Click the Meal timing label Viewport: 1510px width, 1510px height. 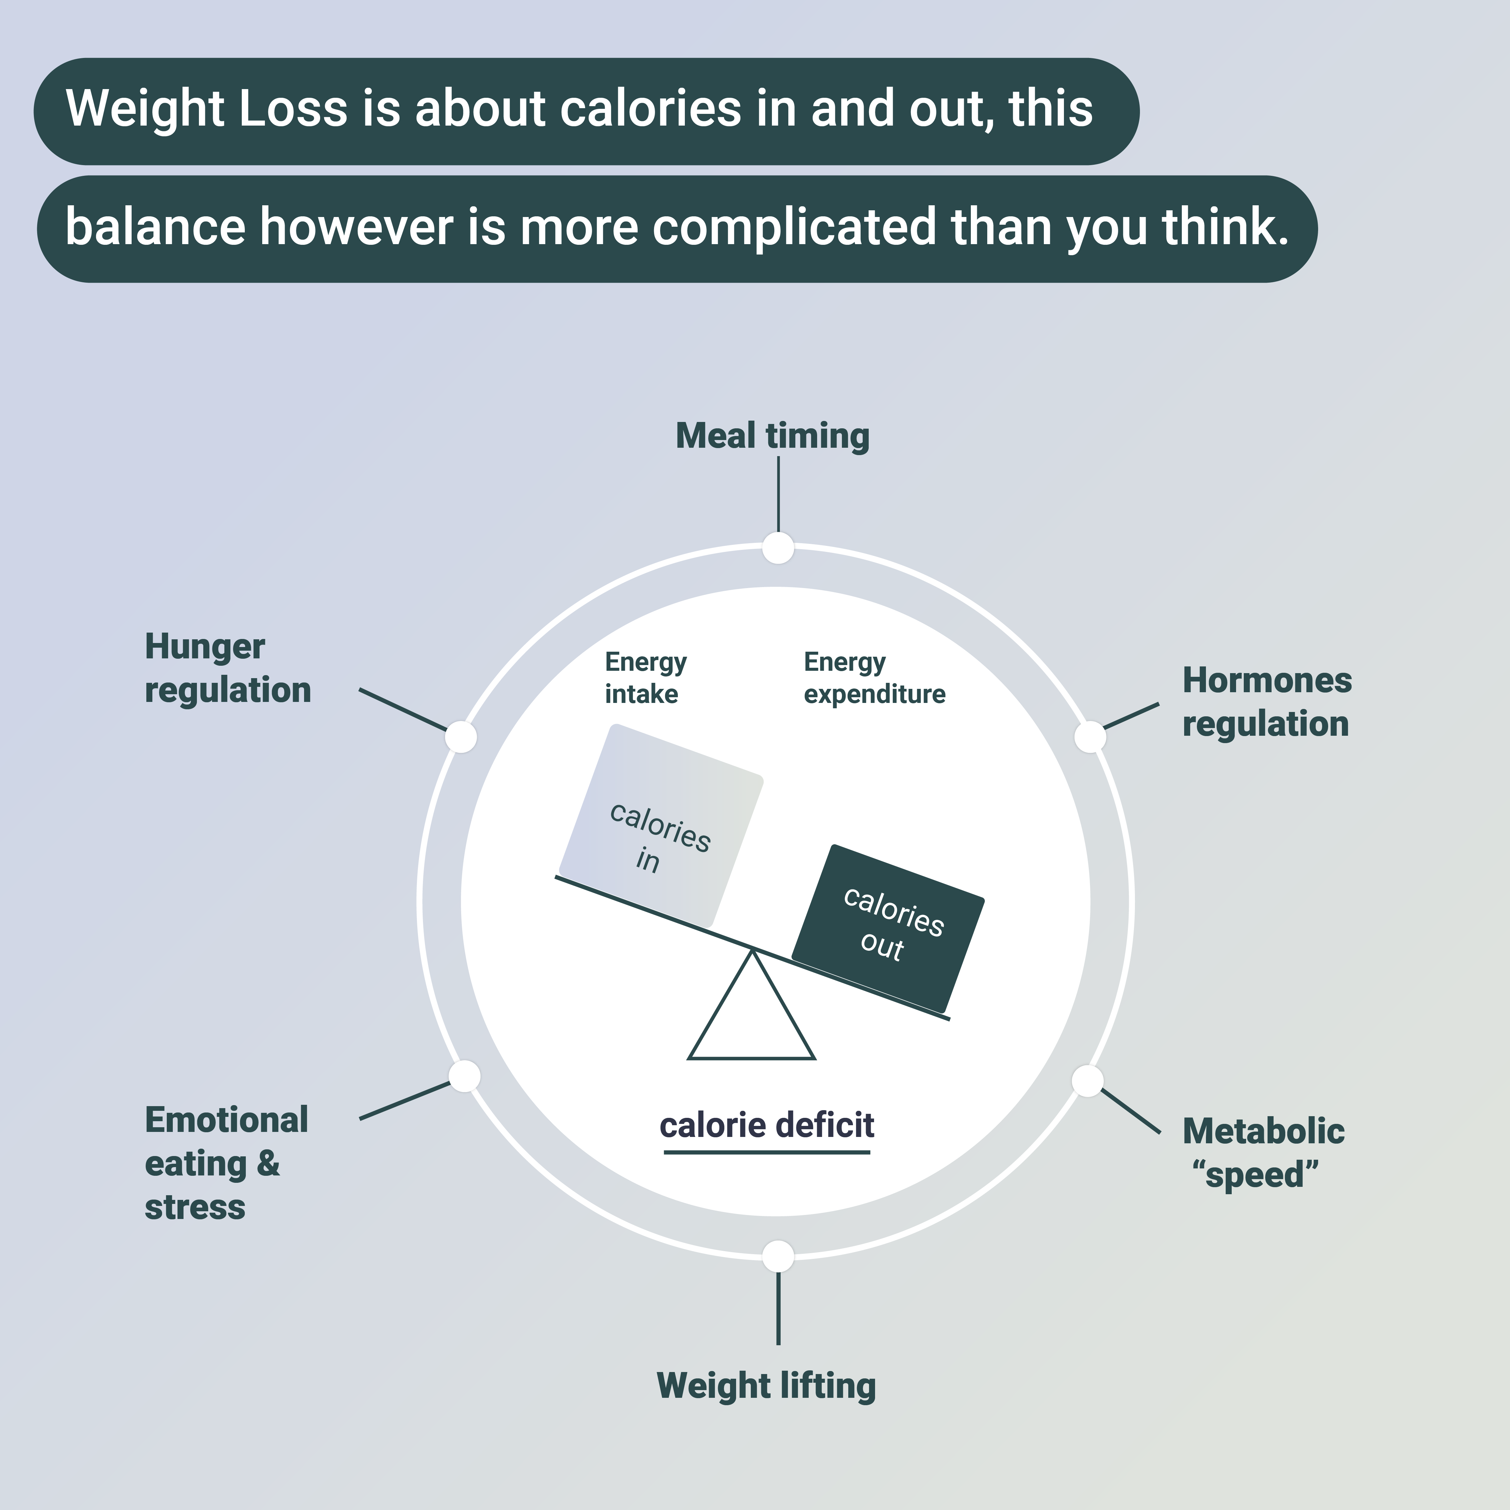[772, 436]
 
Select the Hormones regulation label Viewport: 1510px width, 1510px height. [1266, 702]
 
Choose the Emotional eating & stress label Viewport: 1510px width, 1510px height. [226, 1163]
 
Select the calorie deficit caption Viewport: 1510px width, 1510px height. [767, 1126]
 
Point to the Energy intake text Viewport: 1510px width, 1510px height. [645, 677]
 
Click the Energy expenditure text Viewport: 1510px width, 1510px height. [874, 677]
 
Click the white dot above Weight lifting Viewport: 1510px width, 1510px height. [778, 1257]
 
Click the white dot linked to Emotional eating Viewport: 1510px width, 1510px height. [464, 1076]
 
